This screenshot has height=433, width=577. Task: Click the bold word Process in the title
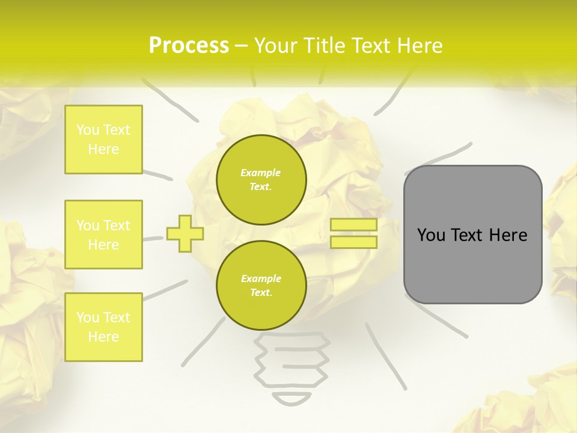(189, 46)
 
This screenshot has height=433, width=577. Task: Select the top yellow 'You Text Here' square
(103, 140)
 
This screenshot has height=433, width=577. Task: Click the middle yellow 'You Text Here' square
(103, 235)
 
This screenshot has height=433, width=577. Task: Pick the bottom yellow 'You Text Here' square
(103, 327)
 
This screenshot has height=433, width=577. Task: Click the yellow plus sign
(185, 234)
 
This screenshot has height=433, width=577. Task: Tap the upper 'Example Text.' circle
(261, 180)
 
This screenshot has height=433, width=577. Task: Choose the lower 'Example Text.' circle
(261, 286)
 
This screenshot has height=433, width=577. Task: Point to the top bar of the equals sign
(353, 225)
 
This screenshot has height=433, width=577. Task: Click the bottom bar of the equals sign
(353, 242)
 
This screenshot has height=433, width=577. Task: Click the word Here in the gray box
(508, 235)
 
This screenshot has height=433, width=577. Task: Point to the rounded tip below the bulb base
(292, 399)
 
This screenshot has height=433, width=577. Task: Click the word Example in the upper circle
(261, 173)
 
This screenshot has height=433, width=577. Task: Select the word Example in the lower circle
(261, 278)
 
